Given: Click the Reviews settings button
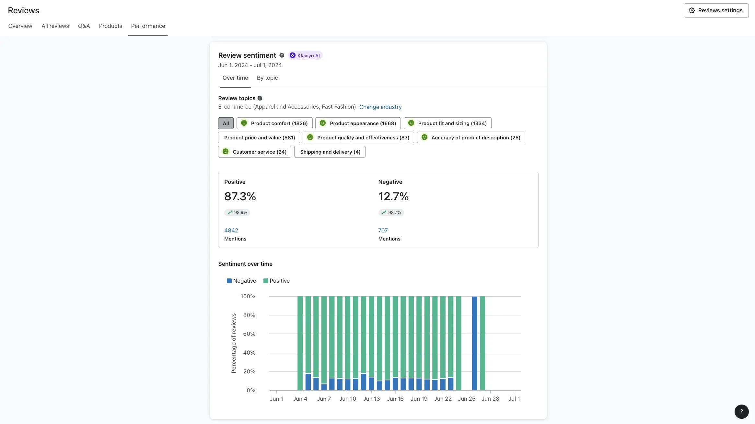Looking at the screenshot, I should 716,10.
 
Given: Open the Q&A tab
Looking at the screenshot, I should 84,26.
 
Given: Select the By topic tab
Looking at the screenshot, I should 267,78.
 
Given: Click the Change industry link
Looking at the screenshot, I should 380,107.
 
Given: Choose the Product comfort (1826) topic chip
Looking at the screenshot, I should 274,123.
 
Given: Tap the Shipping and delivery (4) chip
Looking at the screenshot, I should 330,152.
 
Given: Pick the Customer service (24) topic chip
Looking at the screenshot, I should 255,152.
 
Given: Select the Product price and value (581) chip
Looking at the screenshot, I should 259,137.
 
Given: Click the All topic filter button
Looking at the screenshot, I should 226,123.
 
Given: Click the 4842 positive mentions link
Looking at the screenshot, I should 231,230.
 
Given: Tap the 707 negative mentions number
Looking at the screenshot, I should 383,230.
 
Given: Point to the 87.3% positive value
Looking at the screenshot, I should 240,196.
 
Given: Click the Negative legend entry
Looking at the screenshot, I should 241,281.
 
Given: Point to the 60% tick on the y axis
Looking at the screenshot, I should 249,334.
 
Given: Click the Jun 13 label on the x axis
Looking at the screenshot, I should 371,399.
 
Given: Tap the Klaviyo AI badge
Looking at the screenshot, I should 305,55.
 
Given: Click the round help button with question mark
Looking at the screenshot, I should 741,412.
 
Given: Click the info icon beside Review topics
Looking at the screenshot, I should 260,98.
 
